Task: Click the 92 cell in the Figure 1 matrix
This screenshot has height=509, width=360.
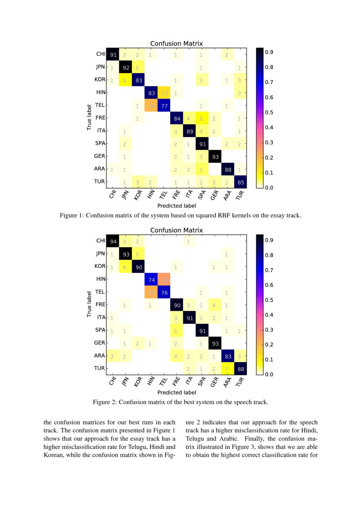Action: coord(126,67)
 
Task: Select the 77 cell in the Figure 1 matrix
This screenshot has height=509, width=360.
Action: coord(164,105)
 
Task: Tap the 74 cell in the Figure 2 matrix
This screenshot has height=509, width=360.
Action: coord(151,279)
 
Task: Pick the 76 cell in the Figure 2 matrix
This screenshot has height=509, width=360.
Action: coord(164,292)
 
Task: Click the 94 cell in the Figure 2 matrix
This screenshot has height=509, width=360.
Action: coord(114,241)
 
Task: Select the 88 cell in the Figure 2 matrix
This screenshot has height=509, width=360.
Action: coord(240,368)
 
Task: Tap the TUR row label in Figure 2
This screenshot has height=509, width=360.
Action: coord(100,368)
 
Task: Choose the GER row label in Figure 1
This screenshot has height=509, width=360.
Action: coord(100,156)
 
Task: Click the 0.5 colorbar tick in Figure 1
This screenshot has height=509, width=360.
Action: coord(269,112)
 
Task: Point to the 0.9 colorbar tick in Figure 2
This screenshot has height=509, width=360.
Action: coord(269,240)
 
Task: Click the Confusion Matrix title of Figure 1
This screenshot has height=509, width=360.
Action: coord(176,44)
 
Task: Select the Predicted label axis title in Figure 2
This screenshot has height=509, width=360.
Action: coord(176,392)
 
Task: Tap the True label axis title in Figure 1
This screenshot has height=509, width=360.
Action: coord(89,117)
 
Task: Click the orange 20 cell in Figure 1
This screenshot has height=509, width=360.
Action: coord(151,105)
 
